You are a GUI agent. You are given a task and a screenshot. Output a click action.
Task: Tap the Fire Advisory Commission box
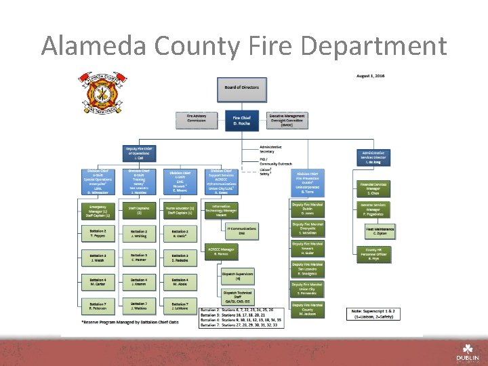(x=197, y=119)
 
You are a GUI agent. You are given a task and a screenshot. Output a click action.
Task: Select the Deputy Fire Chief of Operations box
(x=140, y=152)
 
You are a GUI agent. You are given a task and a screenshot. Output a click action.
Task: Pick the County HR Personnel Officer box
(x=373, y=255)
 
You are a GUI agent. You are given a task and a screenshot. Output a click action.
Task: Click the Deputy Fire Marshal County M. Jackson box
(x=308, y=310)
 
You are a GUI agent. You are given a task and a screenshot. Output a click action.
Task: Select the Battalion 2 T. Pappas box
(x=98, y=234)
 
